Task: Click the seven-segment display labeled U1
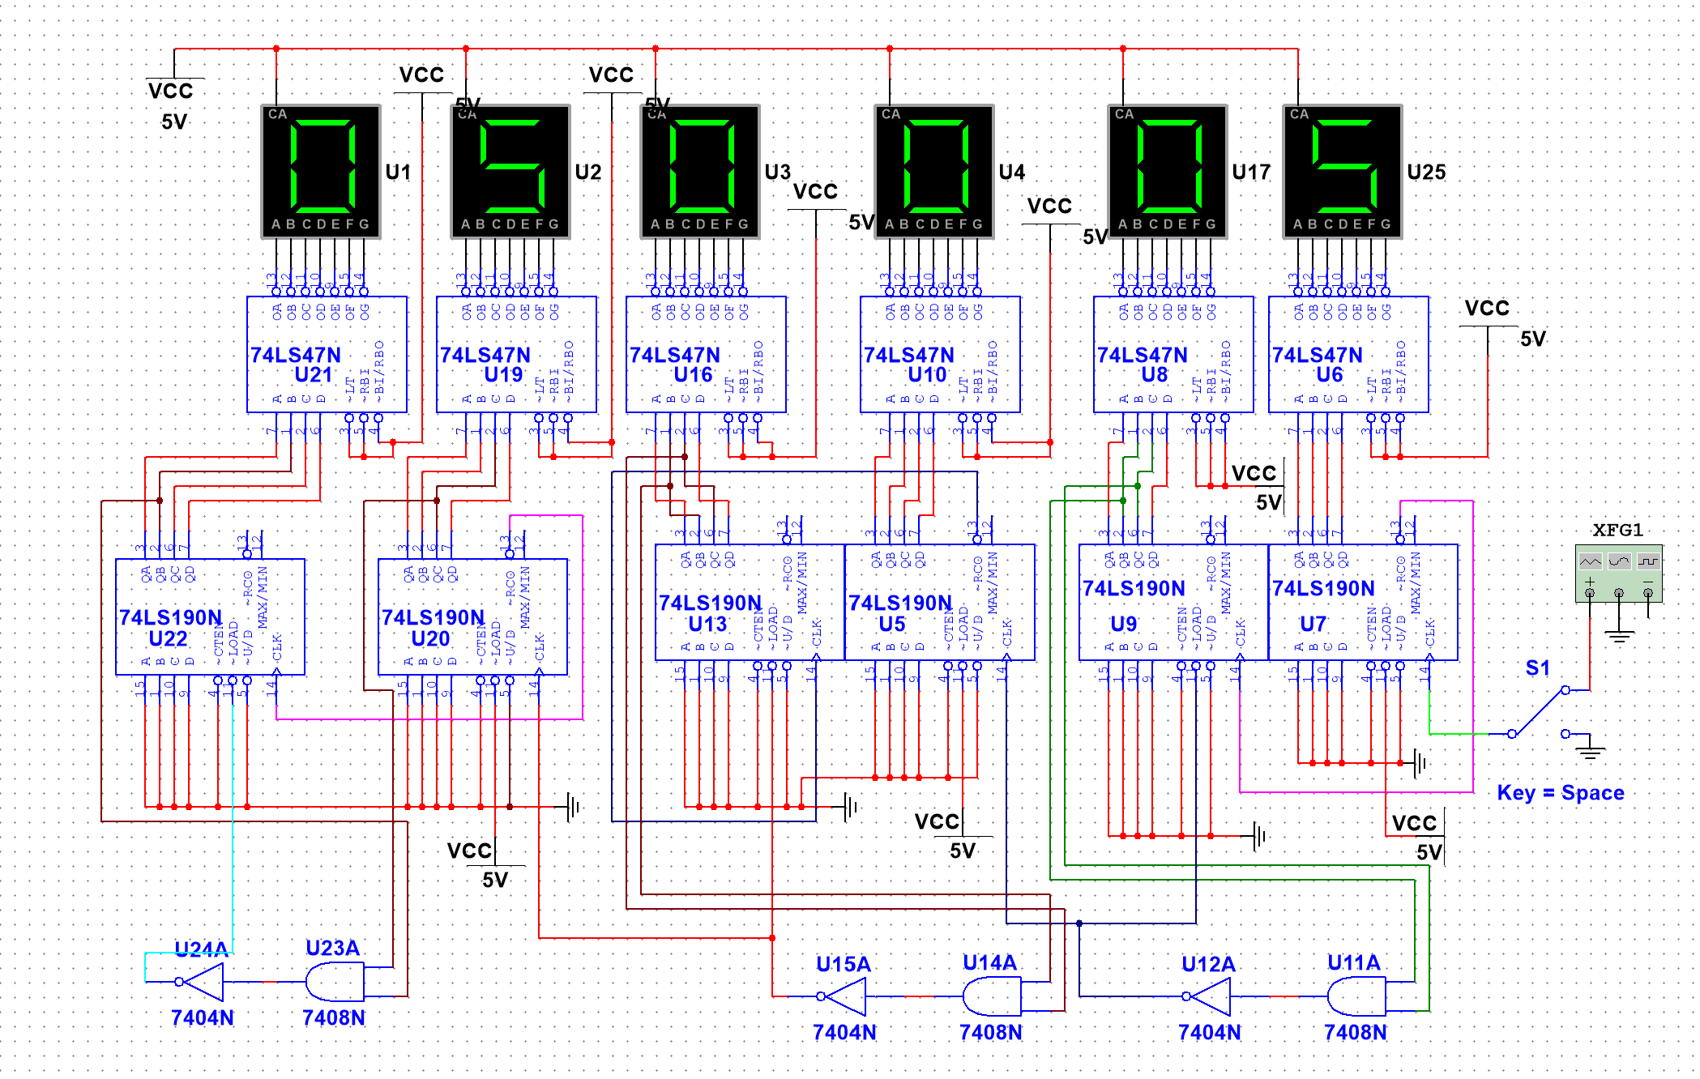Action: point(320,171)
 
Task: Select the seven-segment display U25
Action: point(1342,171)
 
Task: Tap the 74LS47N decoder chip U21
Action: point(327,354)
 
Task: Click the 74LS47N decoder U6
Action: point(1348,354)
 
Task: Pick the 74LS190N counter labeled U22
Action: point(210,616)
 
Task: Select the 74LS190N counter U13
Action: point(749,602)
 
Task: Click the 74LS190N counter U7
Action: point(1362,602)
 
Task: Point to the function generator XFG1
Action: point(1618,574)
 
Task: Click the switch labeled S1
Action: point(1538,711)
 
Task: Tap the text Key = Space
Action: point(1560,792)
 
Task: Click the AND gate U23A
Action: point(334,982)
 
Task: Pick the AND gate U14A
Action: point(991,996)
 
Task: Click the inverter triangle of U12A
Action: point(1210,996)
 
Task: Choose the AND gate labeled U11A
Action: point(1356,996)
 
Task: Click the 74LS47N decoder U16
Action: point(705,354)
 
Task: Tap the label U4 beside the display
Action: point(1011,172)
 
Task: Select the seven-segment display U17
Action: point(1167,171)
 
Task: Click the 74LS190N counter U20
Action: point(472,616)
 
